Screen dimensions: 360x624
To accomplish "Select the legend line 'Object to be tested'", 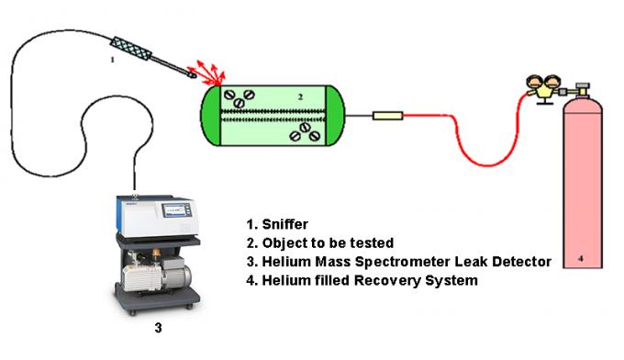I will [x=328, y=242].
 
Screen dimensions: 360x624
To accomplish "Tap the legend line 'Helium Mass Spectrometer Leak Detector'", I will [x=398, y=262].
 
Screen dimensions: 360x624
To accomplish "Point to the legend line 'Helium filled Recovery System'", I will [x=362, y=280].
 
